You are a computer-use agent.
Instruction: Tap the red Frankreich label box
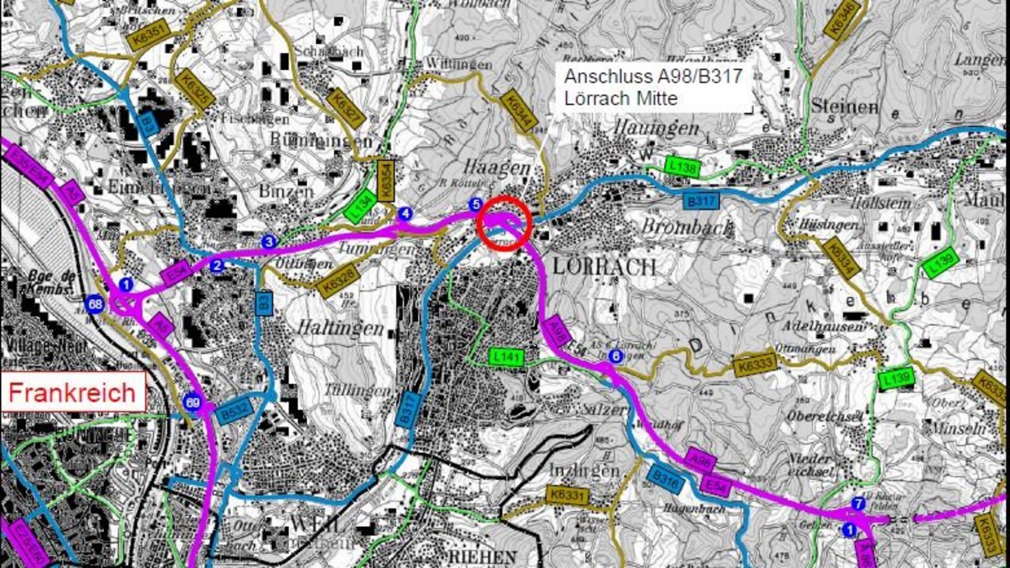point(72,392)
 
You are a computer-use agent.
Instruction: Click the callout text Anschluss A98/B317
point(653,76)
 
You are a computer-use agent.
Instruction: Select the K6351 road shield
point(150,33)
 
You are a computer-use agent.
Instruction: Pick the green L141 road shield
point(506,357)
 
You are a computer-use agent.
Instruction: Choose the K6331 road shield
point(567,496)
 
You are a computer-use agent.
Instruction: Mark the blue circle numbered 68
point(95,304)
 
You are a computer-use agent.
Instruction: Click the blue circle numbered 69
point(192,402)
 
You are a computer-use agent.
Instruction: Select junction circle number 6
point(615,356)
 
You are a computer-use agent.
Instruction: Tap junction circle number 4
point(406,214)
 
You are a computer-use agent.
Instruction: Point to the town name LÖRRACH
point(604,267)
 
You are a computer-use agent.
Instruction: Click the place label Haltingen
point(340,327)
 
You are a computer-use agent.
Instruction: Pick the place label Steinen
point(844,106)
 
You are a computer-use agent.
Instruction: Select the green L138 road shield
point(682,166)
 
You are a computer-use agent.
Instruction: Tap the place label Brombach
point(687,227)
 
